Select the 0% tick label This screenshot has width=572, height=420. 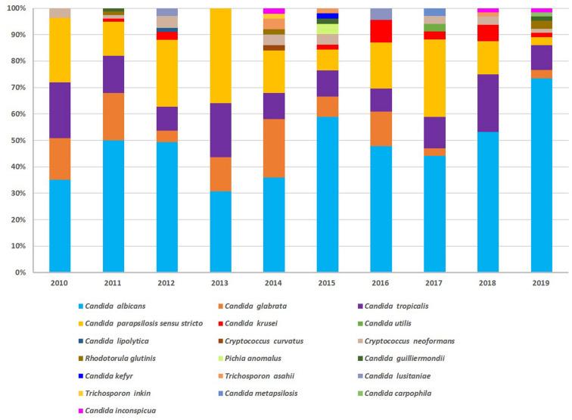[20, 272]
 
